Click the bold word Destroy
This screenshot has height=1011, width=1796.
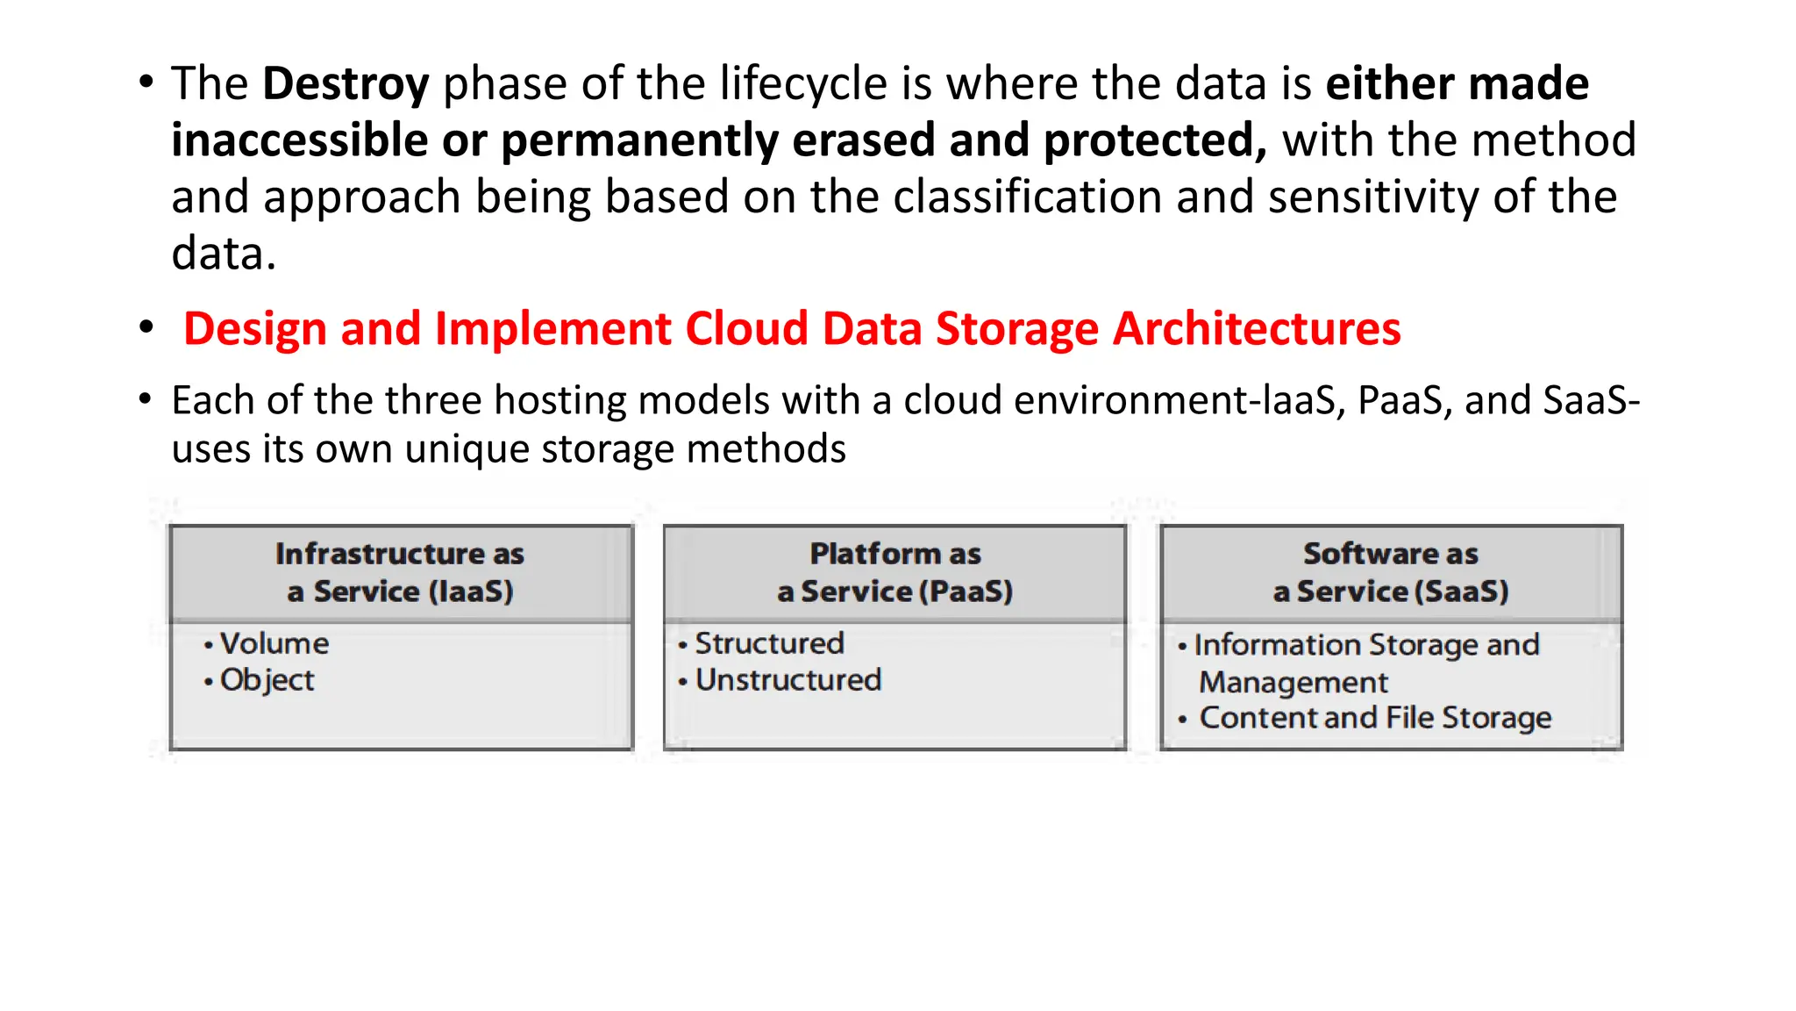[346, 84]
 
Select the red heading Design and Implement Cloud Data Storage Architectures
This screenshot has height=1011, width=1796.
[791, 329]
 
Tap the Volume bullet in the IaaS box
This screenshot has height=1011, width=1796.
[274, 643]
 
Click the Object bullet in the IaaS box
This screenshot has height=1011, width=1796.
[267, 680]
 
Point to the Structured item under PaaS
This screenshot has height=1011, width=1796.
[769, 643]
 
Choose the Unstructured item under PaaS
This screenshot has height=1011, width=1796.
[788, 680]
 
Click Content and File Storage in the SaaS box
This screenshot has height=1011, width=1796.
[1374, 718]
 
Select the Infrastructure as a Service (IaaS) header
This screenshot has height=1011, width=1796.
[400, 572]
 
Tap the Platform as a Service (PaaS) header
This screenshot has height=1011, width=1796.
[894, 572]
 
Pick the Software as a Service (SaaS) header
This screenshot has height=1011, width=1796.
[1391, 572]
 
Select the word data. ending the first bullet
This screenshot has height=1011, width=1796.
[224, 254]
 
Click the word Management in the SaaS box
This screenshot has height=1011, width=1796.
[1293, 682]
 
